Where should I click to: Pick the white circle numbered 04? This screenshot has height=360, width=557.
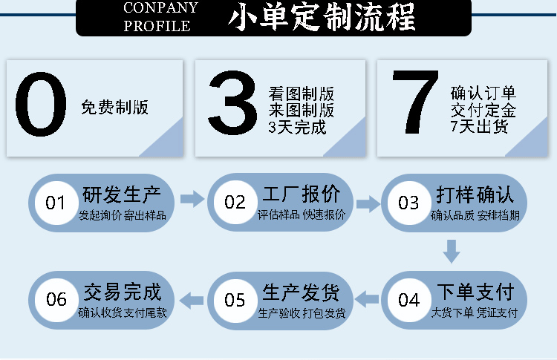click(x=408, y=300)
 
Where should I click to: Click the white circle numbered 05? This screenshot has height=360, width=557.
click(x=235, y=300)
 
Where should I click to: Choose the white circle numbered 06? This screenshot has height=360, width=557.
click(x=56, y=300)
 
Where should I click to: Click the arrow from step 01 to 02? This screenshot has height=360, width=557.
click(x=192, y=198)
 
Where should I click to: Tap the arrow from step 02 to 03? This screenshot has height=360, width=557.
click(x=368, y=202)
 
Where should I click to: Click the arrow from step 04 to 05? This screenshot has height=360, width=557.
click(x=368, y=299)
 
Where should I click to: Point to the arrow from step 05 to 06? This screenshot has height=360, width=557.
click(x=193, y=299)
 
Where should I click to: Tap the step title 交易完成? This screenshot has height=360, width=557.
click(x=123, y=291)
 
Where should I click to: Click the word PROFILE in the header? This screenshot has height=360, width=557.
click(x=157, y=26)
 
